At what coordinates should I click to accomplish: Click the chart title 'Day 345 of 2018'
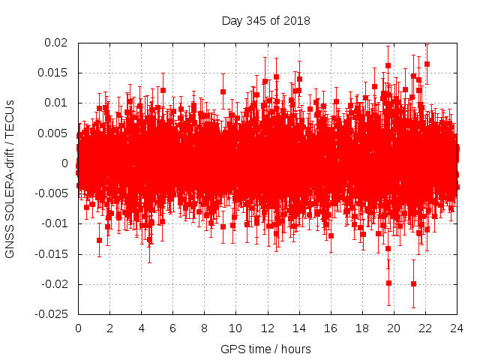click(265, 20)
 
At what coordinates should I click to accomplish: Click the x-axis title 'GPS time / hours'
click(265, 349)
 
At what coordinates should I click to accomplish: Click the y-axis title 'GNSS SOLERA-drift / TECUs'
click(10, 178)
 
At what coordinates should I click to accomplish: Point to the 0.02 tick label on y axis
click(55, 43)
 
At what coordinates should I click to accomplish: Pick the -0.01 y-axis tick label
click(53, 224)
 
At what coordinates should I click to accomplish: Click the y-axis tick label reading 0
click(66, 163)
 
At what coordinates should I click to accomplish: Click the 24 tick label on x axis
click(456, 328)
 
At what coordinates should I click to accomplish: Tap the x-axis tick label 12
click(267, 328)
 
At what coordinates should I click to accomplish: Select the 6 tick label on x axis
click(172, 328)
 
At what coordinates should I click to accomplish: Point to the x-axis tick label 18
click(361, 328)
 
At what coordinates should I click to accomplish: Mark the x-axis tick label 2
click(109, 328)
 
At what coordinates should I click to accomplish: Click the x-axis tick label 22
click(424, 328)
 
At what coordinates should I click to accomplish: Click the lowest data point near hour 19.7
click(388, 283)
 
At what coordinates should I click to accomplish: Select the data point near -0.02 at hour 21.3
click(413, 283)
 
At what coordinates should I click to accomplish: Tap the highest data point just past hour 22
click(427, 64)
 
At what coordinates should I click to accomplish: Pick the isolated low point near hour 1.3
click(99, 240)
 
